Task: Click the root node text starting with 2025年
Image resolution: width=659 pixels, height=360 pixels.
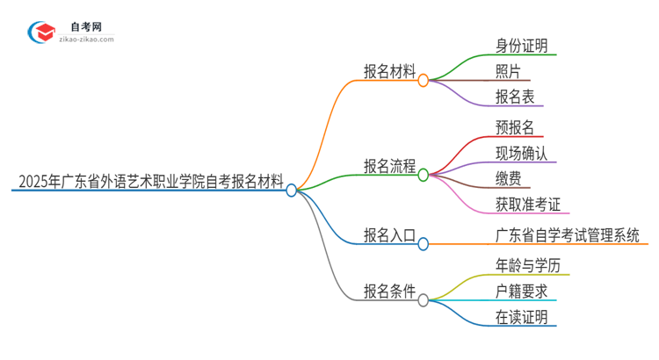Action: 150,183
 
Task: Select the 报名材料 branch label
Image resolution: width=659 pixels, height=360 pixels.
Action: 389,72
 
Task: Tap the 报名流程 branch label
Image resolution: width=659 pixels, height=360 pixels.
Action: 389,166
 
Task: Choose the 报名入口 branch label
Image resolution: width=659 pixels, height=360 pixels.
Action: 389,234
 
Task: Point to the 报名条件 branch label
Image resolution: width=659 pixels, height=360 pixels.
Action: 389,292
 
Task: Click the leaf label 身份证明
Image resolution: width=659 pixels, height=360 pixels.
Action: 526,46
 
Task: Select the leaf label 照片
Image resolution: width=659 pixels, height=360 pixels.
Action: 509,72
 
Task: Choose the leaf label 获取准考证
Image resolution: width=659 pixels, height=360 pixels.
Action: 532,205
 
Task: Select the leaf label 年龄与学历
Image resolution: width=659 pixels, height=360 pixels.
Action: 532,265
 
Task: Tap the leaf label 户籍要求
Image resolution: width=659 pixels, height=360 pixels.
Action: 526,291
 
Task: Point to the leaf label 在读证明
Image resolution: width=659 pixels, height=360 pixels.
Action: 526,317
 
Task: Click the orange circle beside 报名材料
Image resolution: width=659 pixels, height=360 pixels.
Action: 424,80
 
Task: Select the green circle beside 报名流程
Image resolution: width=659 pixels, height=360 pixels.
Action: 424,175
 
